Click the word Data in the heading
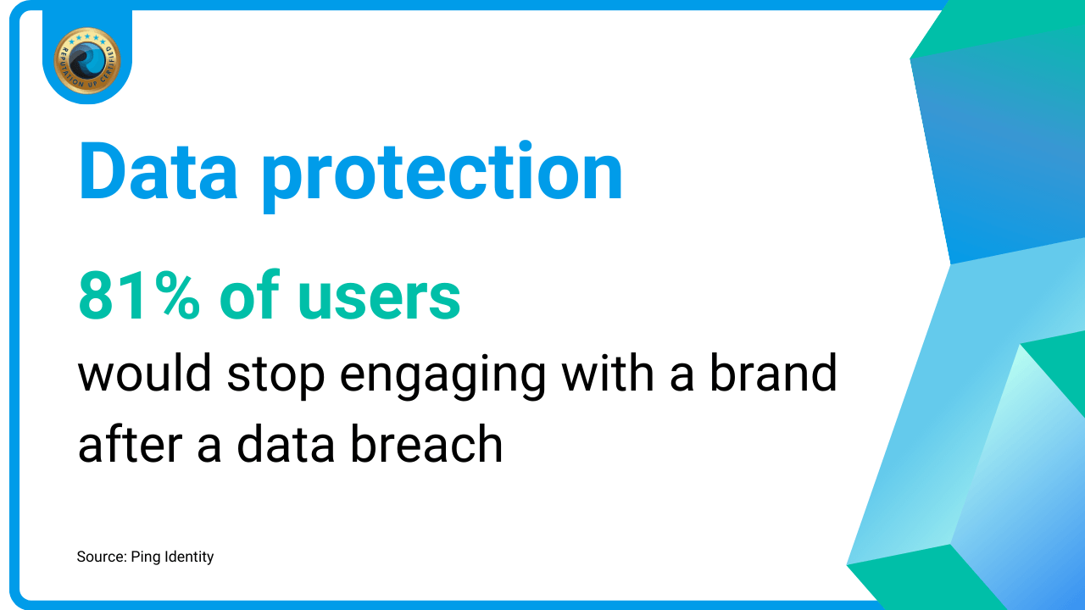coord(159,171)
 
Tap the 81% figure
coord(139,296)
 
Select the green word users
coord(379,300)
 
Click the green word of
coord(249,294)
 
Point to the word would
coord(144,373)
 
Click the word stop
coord(275,376)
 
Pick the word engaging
coord(442,376)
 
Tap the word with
coord(608,372)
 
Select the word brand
coord(773,372)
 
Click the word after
coord(131,443)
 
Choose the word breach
coord(426,443)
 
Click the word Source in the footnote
coord(102,557)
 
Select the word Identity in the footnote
coord(189,557)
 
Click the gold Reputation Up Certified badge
coord(87,60)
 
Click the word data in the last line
coord(286,443)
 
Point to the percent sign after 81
coord(178,296)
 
